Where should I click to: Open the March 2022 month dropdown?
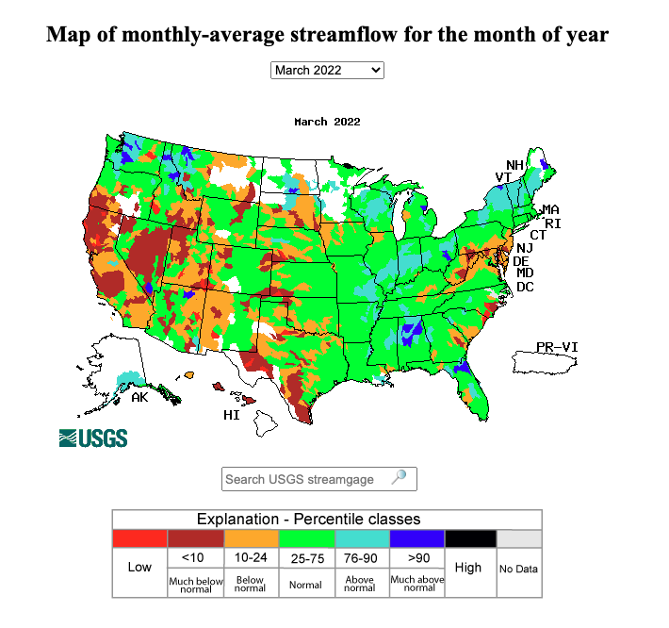click(327, 70)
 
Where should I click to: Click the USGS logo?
click(93, 438)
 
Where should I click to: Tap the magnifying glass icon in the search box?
click(400, 477)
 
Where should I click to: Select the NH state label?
click(514, 165)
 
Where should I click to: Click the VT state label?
click(504, 177)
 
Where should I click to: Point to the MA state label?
click(550, 209)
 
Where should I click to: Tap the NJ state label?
click(526, 247)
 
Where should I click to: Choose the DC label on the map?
click(525, 286)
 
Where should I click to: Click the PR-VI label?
click(557, 347)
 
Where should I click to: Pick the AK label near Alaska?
click(139, 397)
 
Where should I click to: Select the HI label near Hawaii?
click(232, 414)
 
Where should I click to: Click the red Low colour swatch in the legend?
click(139, 538)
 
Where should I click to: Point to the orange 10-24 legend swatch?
click(250, 538)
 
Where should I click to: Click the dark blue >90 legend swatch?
click(415, 538)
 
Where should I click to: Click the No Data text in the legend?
click(518, 569)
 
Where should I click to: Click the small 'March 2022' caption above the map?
click(327, 122)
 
